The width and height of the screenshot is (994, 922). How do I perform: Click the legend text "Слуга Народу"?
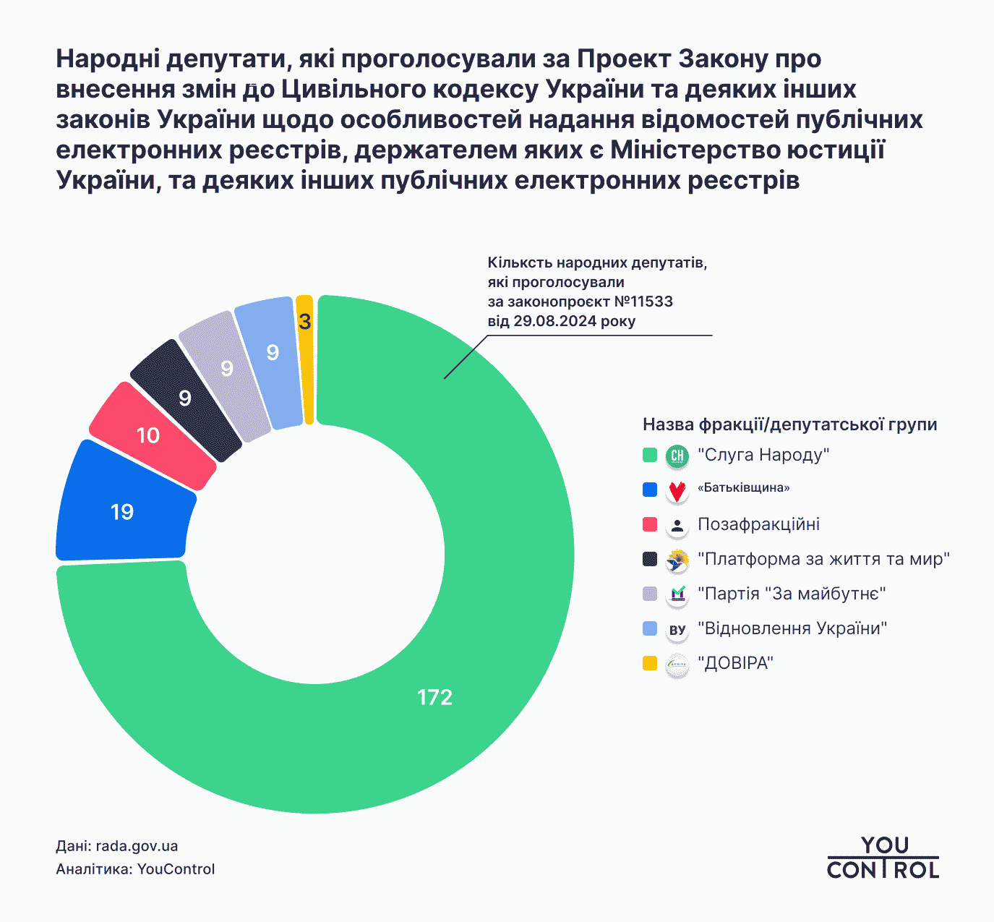coord(763,455)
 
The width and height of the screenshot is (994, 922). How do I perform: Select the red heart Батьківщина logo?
coord(677,491)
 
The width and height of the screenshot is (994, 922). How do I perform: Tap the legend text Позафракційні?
coord(758,524)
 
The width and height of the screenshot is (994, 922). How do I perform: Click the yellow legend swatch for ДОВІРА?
coord(650,663)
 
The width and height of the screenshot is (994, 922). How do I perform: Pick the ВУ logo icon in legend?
coord(677,630)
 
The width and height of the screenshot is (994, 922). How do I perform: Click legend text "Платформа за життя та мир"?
coord(823,559)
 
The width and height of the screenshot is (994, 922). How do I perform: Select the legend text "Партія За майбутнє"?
coord(792,594)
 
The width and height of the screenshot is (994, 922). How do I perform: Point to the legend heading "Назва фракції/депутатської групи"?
coord(789,424)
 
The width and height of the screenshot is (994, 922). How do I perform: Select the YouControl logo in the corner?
coord(883,858)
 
